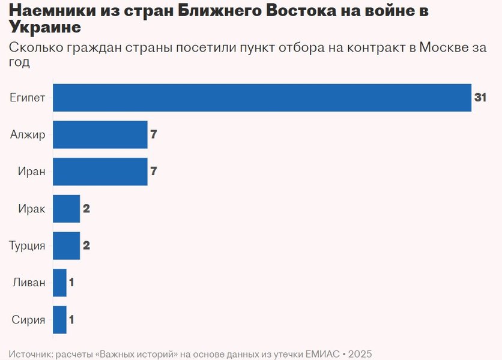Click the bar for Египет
click(262, 98)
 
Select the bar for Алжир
click(100, 134)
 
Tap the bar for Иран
click(100, 172)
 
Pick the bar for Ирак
click(66, 209)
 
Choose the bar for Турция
click(66, 245)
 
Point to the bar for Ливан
click(59, 283)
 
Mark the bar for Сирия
click(59, 320)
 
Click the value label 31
click(480, 98)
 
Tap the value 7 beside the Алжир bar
click(154, 134)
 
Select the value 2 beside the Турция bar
click(86, 245)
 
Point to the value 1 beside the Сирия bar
click(71, 320)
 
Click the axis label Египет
click(28, 98)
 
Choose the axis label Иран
click(31, 172)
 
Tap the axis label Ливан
click(29, 283)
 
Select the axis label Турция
click(27, 245)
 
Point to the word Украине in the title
click(45, 28)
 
